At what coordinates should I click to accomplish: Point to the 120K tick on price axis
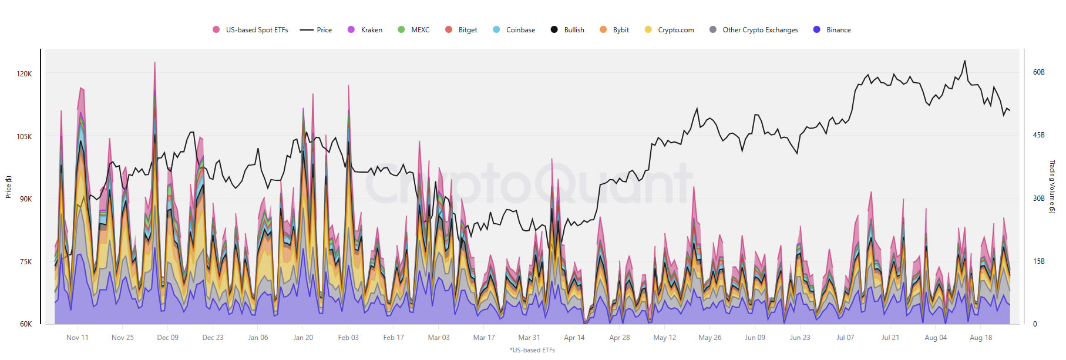tap(25, 74)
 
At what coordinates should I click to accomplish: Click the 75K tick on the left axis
tap(26, 262)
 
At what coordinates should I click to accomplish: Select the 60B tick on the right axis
tap(1038, 72)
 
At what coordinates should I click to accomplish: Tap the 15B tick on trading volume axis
tap(1038, 261)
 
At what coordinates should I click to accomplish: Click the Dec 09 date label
tap(167, 338)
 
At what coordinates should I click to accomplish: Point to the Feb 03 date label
tap(348, 338)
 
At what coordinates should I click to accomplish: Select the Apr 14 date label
tap(574, 338)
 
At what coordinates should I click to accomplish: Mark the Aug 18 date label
tap(981, 338)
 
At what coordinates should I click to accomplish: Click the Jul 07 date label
tap(845, 338)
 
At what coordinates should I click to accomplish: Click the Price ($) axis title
tap(9, 187)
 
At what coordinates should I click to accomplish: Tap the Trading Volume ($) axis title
tap(1052, 187)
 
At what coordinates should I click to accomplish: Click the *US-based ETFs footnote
tap(532, 350)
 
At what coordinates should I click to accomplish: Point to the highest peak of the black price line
tap(964, 60)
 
